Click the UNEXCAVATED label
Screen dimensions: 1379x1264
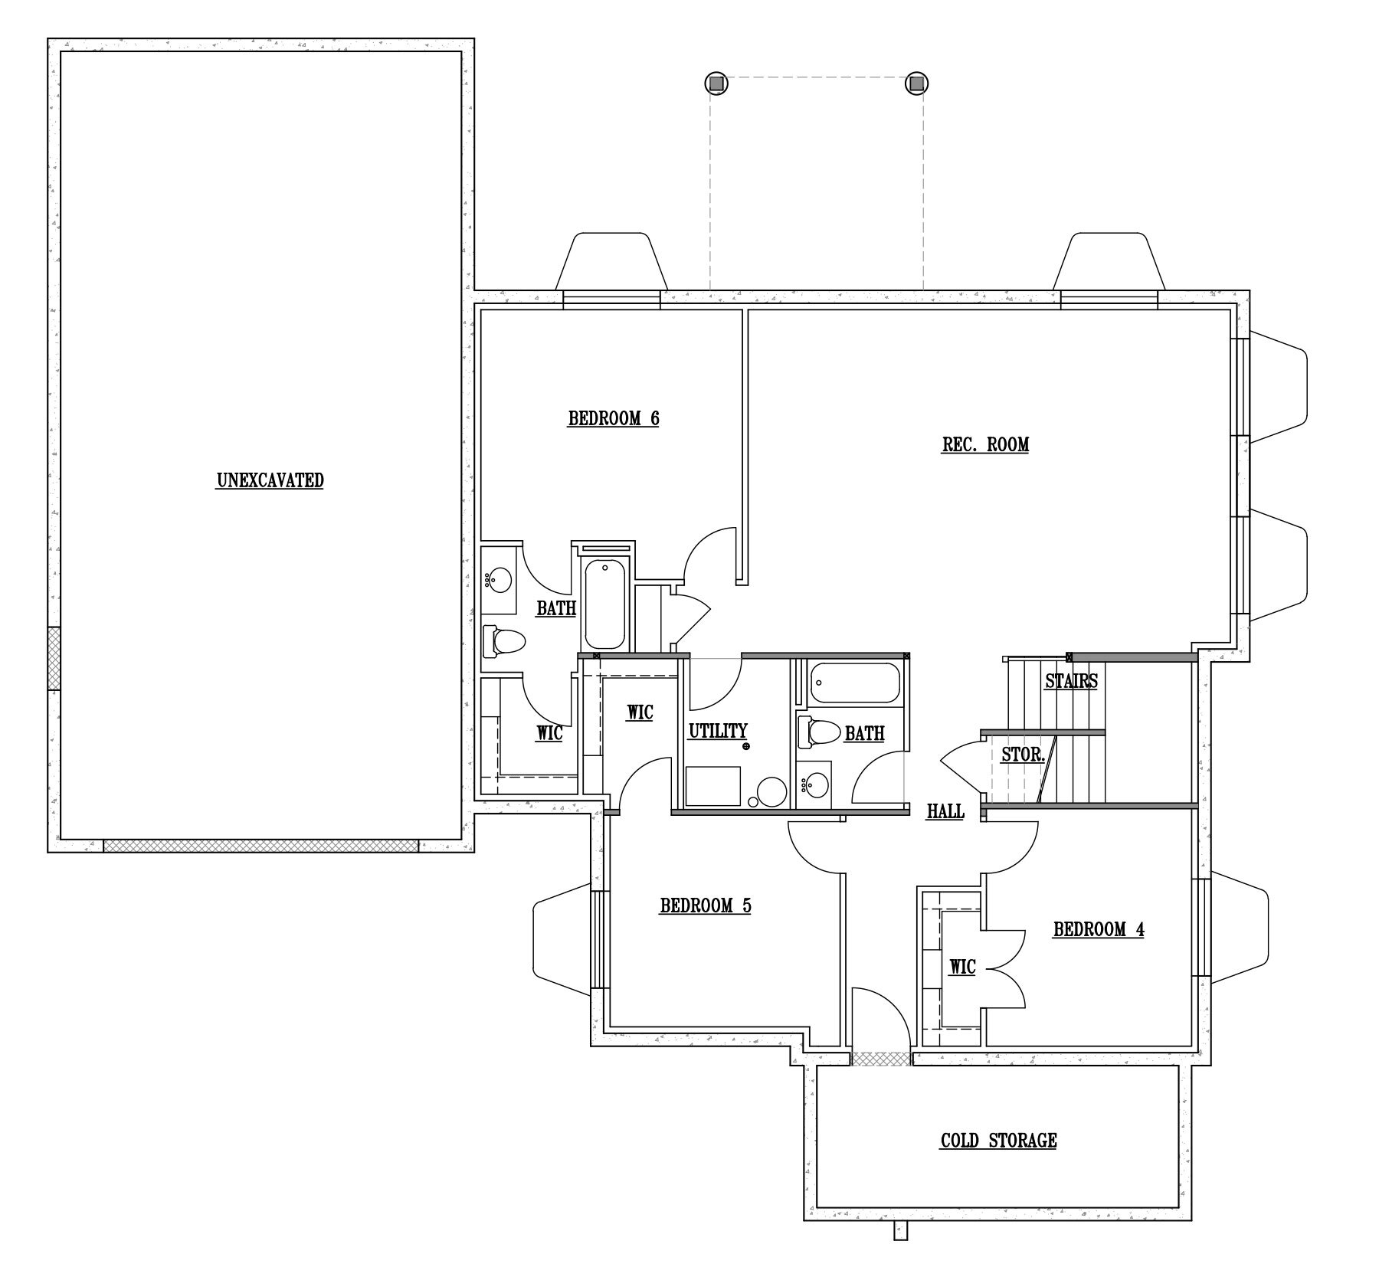pyautogui.click(x=270, y=481)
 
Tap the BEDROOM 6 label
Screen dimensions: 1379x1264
pyautogui.click(x=614, y=419)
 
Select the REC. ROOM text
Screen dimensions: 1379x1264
pyautogui.click(x=985, y=444)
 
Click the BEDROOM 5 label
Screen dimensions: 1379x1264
pyautogui.click(x=706, y=905)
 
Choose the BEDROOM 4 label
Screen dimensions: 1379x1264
pyautogui.click(x=1099, y=929)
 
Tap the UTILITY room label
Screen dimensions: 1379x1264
pyautogui.click(x=718, y=731)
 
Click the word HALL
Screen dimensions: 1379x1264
pyautogui.click(x=945, y=811)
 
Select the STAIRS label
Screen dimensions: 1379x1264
pyautogui.click(x=1071, y=680)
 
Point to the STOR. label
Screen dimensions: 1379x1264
pyautogui.click(x=1024, y=755)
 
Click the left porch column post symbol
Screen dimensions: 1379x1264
pyautogui.click(x=715, y=83)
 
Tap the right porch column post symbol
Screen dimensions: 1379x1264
pyautogui.click(x=917, y=83)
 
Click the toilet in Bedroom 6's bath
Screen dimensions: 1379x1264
pyautogui.click(x=503, y=640)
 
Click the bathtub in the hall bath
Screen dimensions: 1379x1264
pyautogui.click(x=855, y=683)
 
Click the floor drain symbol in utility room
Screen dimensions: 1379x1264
pyautogui.click(x=746, y=745)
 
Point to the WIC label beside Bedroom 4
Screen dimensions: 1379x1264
pyautogui.click(x=962, y=967)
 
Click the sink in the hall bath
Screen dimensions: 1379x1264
pyautogui.click(x=814, y=784)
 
